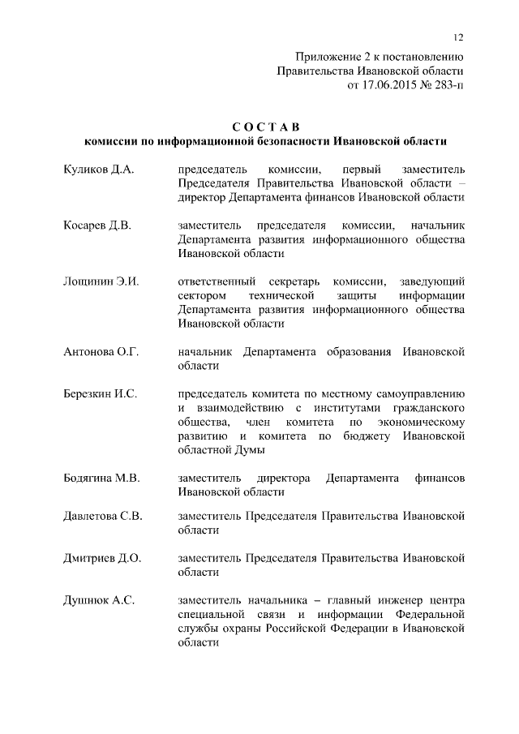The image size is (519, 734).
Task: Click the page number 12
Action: (x=458, y=37)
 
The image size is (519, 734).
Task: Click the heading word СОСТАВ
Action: (x=265, y=127)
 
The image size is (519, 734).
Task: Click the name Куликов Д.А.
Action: (x=98, y=169)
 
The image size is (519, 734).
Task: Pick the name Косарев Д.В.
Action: (x=97, y=225)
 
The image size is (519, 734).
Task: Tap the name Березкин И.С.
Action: (x=100, y=393)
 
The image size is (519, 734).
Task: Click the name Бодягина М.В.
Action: (x=102, y=478)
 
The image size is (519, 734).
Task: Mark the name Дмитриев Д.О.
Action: (x=102, y=558)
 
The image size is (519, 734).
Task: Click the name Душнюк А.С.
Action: (x=99, y=600)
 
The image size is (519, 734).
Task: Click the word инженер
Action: (x=406, y=600)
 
